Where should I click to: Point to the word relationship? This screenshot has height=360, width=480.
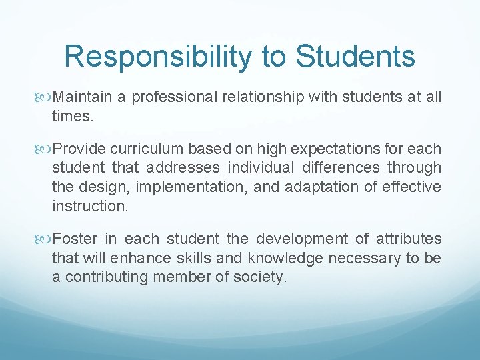[265, 97]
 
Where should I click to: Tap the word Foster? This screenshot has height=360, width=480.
[75, 239]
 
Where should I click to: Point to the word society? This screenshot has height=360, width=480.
[260, 277]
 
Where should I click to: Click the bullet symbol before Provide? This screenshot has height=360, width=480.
[45, 149]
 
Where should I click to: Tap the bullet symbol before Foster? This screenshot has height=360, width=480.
[45, 239]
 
